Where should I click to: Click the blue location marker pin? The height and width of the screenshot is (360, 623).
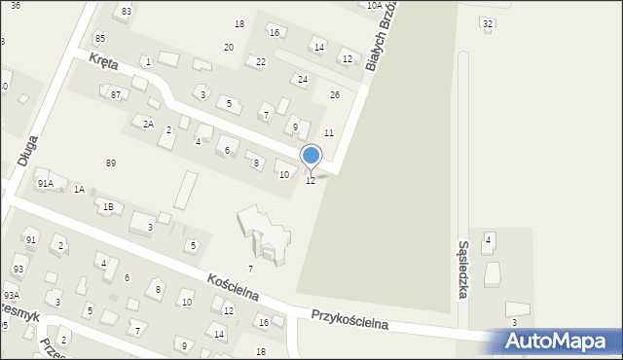pos(311,156)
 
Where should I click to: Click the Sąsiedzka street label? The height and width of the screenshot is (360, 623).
pos(464,271)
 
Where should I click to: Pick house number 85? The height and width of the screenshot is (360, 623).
pos(100,38)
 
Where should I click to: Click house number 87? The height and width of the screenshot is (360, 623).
pos(116,94)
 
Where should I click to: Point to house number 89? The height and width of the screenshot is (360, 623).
pos(111,162)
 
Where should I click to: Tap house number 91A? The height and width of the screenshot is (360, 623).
pos(45,183)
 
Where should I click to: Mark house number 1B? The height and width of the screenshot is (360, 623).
pos(109,206)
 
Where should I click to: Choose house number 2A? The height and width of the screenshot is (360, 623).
pos(148,124)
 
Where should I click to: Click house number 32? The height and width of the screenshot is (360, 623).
pos(488,22)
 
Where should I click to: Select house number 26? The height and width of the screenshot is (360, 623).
pos(334,94)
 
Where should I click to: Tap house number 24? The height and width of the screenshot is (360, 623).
pos(303,79)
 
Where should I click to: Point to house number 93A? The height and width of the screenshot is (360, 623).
pos(11,295)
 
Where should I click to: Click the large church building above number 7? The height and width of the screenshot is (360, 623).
pos(265,234)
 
